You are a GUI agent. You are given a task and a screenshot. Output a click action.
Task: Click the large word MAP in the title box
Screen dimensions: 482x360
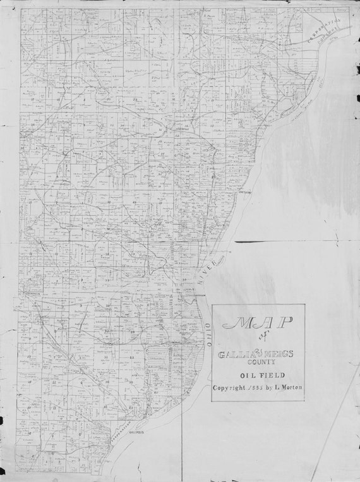(257, 322)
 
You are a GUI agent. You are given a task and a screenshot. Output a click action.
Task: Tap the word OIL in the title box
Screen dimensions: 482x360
(242, 375)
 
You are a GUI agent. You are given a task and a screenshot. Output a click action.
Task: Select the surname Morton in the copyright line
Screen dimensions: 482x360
(288, 388)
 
